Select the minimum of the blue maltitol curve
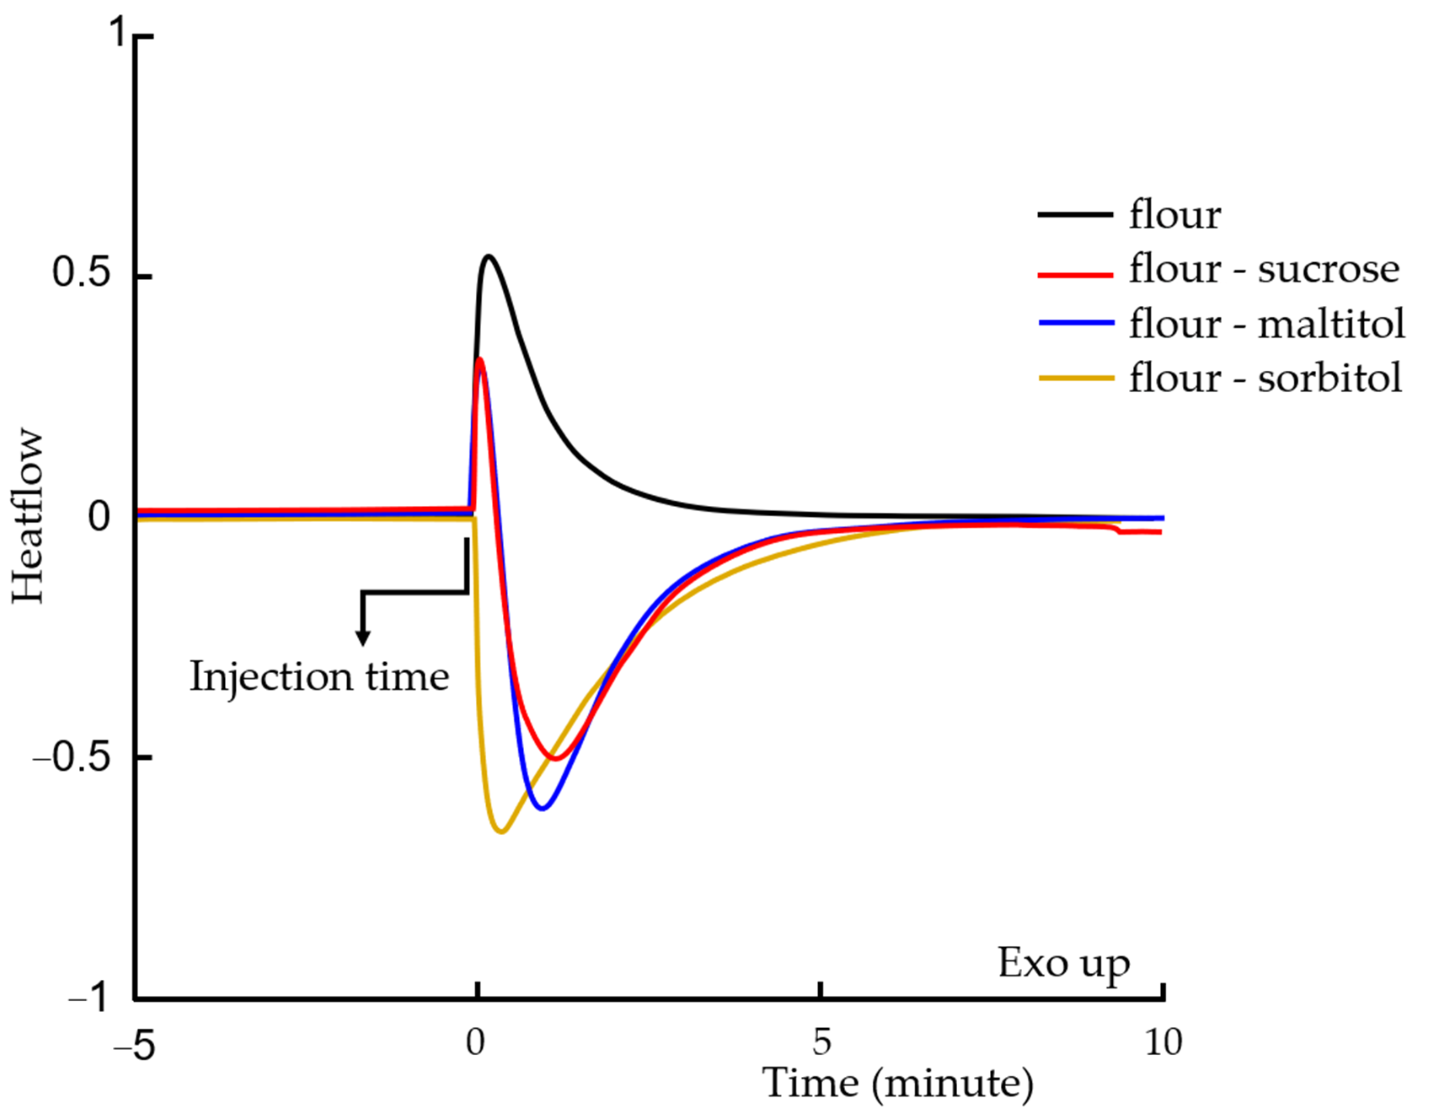[x=542, y=809]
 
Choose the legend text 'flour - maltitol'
[x=1266, y=323]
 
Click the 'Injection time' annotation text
[x=320, y=677]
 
